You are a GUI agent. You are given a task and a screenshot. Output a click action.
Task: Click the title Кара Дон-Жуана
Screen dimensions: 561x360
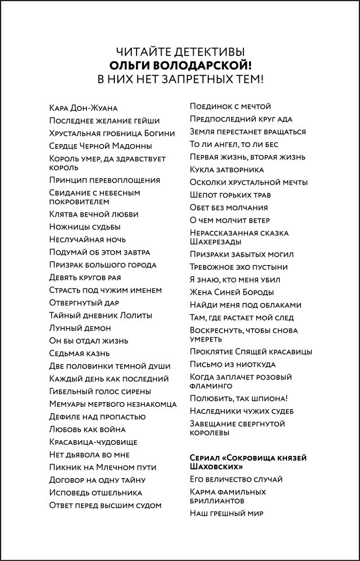(x=84, y=108)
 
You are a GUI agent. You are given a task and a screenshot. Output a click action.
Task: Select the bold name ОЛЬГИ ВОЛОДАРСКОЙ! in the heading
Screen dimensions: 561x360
(x=180, y=65)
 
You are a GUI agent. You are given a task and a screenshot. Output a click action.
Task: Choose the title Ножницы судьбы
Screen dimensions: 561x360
(x=85, y=227)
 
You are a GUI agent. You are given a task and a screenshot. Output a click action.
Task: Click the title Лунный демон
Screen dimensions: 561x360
(x=80, y=328)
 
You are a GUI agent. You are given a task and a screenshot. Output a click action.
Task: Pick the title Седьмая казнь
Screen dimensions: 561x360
(x=79, y=353)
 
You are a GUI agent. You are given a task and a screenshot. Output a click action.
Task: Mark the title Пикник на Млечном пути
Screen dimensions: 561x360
(x=103, y=467)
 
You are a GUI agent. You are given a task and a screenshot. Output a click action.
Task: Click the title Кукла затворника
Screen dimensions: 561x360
(x=227, y=169)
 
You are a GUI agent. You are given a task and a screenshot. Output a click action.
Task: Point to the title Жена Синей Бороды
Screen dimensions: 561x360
(x=232, y=292)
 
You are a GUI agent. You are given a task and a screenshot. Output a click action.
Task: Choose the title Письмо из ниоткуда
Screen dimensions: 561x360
(x=233, y=364)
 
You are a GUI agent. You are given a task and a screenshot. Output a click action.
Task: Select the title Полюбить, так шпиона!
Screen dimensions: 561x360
(x=239, y=398)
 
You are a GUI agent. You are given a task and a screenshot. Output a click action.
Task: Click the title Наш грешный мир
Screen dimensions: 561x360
(x=227, y=513)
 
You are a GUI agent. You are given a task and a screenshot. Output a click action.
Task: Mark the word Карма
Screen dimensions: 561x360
(x=202, y=492)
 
